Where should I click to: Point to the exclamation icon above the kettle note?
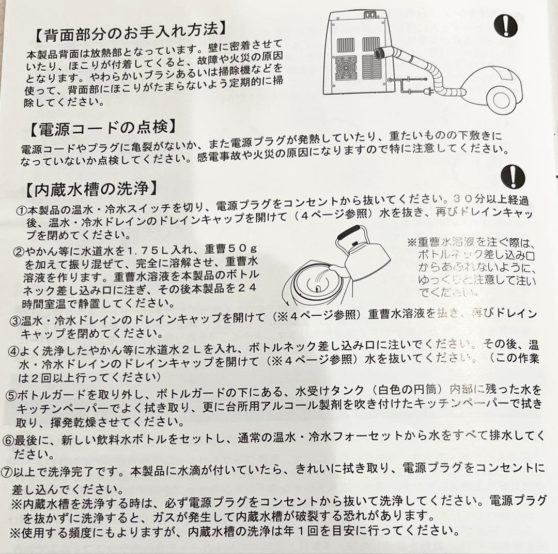click(x=513, y=177)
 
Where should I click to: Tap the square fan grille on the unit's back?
click(x=346, y=68)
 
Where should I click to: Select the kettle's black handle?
click(x=352, y=231)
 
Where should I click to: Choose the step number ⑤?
click(x=11, y=395)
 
